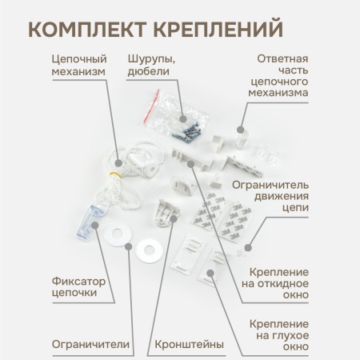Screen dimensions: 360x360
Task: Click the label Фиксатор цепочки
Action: tap(79, 286)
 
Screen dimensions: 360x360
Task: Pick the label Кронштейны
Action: tap(186, 345)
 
